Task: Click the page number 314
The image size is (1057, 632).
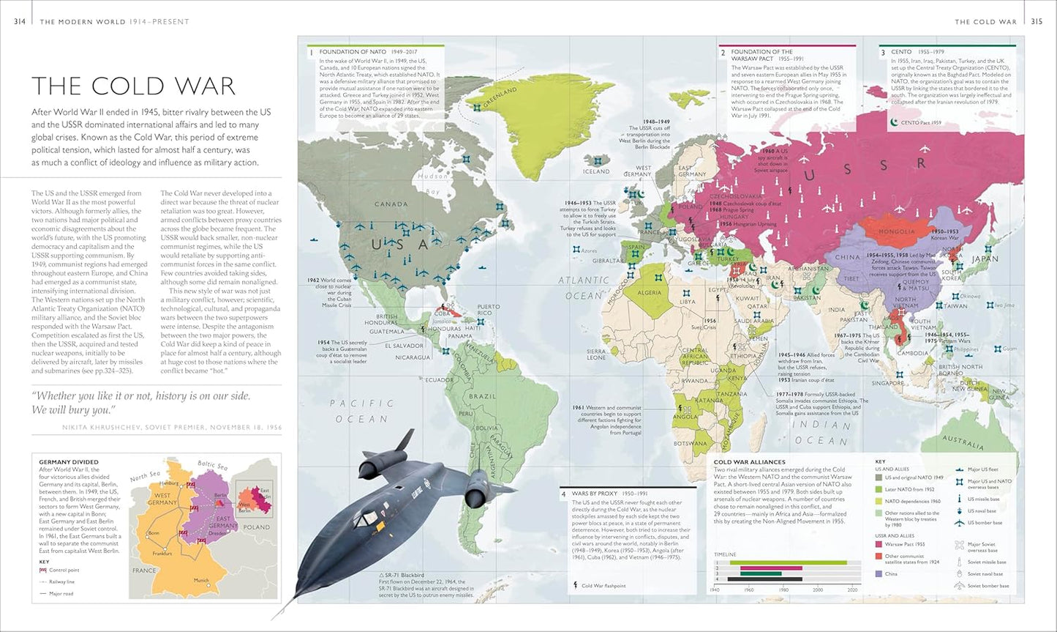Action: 20,22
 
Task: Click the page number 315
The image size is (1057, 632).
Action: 1037,22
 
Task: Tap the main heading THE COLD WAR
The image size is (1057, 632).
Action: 133,86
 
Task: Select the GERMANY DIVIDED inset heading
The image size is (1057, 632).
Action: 68,462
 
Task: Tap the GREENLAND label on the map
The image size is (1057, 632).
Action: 500,97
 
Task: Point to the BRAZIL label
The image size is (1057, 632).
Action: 482,396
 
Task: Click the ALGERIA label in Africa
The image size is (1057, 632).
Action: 649,292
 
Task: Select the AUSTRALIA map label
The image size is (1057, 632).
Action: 963,442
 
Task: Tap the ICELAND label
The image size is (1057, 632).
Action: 596,171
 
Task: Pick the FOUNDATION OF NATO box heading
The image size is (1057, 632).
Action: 354,52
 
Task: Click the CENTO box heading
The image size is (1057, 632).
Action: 901,52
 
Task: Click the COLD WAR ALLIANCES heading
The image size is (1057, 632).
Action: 749,462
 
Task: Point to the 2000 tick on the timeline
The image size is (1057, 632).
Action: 818,590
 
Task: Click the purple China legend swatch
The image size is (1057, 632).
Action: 879,574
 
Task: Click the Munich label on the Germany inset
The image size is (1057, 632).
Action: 201,580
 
